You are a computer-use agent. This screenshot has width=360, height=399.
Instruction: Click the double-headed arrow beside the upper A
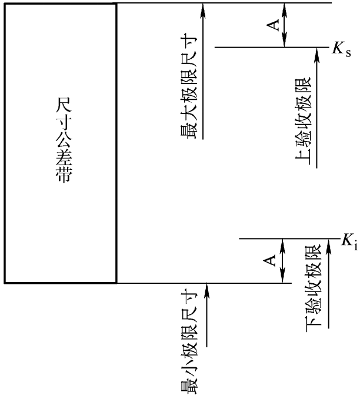pos(285,25)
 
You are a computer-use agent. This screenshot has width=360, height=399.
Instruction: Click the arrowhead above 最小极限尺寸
pos(206,288)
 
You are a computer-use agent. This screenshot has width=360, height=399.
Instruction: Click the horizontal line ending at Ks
pos(271,47)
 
